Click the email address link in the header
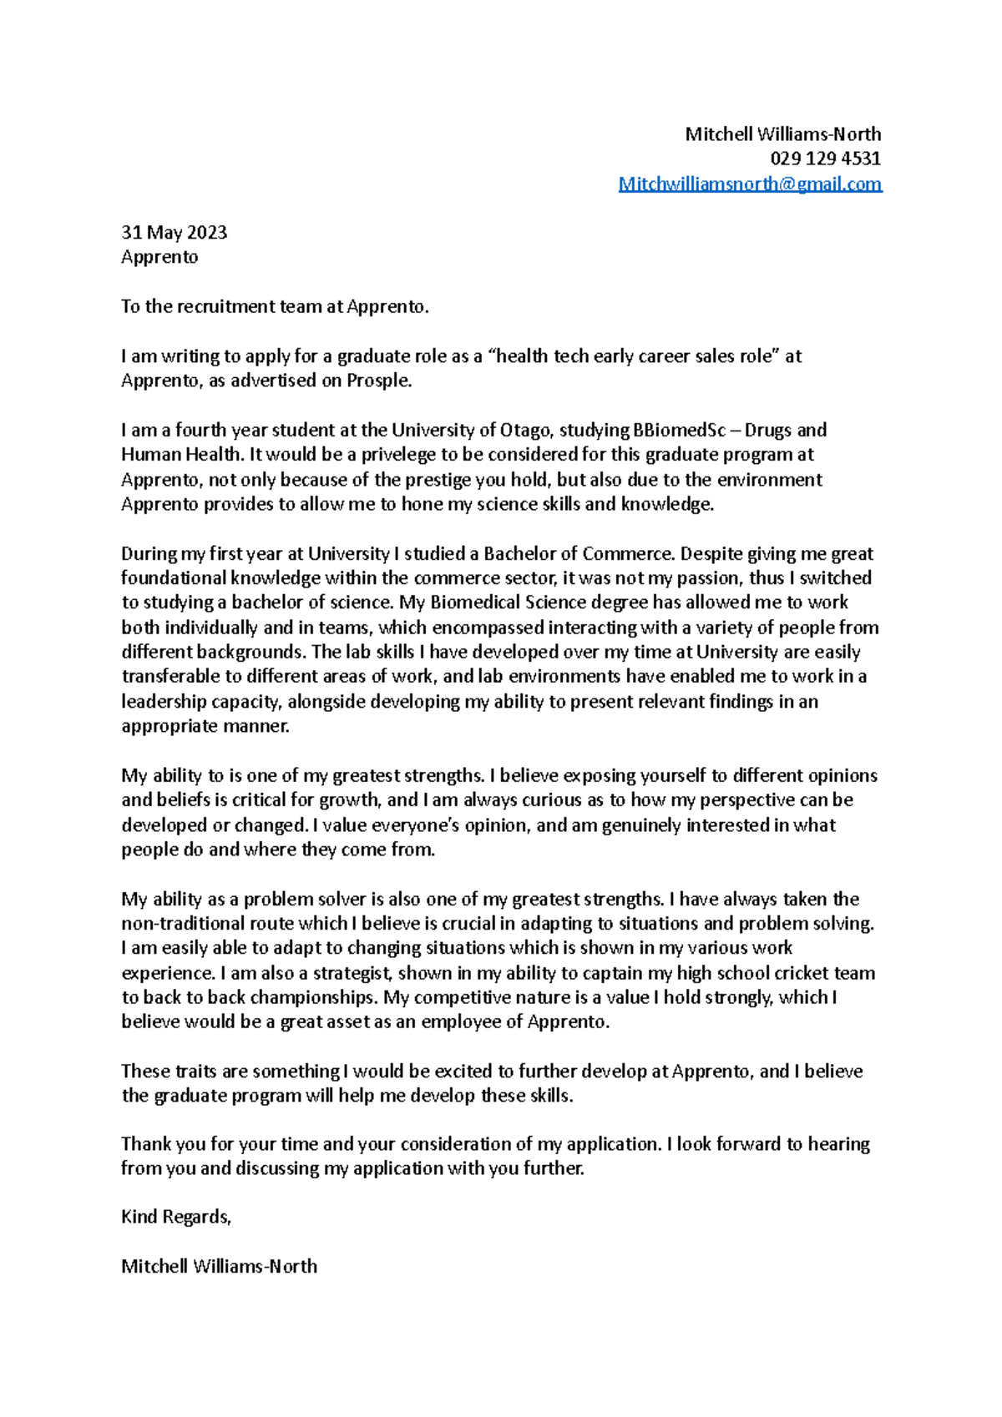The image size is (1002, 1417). [749, 184]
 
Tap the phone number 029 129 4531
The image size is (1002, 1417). [825, 159]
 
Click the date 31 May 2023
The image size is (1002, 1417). [174, 232]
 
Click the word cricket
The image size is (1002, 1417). [801, 973]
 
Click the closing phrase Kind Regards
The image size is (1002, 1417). [175, 1217]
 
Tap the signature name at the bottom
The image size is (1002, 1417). [219, 1266]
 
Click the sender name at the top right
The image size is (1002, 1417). [782, 134]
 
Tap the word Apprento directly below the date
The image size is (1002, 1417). [159, 257]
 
